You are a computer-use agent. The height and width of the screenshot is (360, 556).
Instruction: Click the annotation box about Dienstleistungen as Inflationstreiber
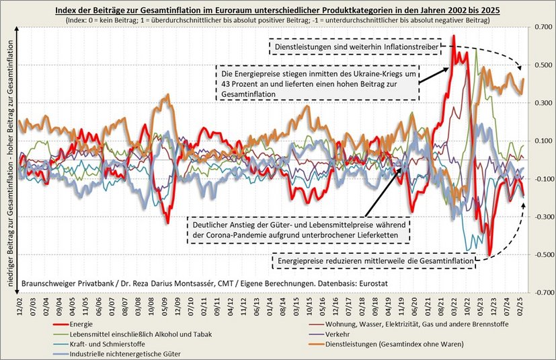tap(354, 48)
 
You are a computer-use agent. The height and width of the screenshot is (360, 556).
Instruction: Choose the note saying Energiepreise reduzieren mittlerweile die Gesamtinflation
tap(374, 259)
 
